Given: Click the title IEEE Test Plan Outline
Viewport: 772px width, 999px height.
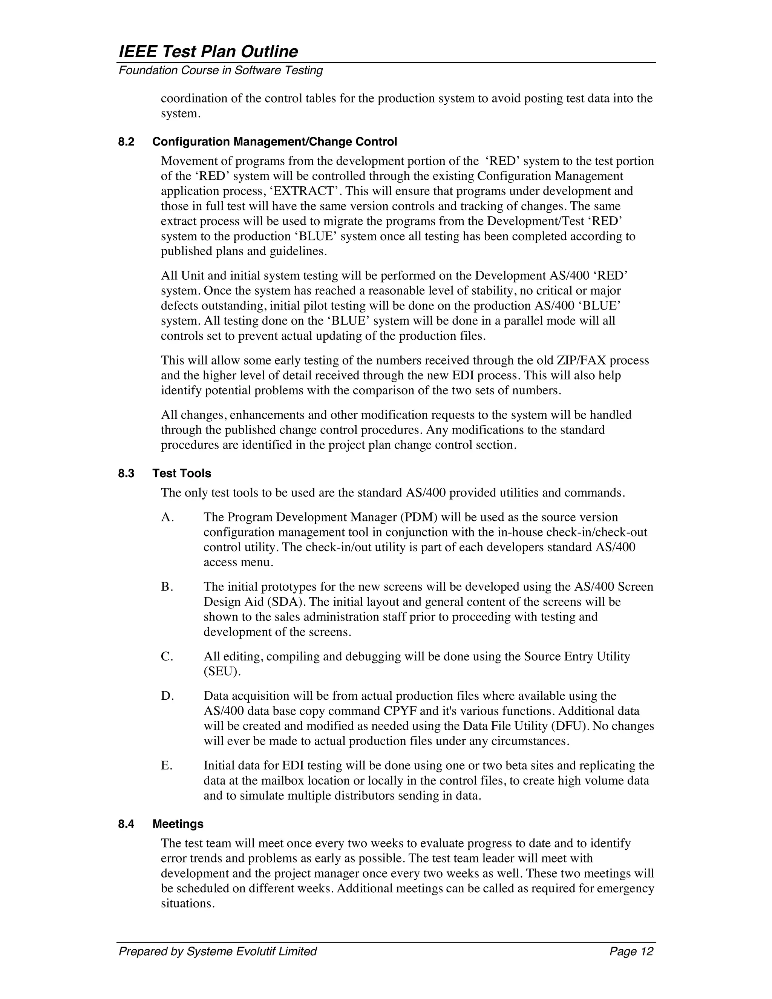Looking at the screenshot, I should (x=208, y=52).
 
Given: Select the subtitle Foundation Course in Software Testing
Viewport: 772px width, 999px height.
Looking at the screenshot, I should (x=221, y=70).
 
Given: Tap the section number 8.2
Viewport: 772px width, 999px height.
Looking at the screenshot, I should (x=126, y=142).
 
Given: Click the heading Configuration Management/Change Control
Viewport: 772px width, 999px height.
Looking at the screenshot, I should (x=274, y=142).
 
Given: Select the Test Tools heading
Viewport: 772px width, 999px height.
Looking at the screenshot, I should (x=182, y=473).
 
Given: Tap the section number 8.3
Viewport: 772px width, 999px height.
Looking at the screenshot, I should (x=126, y=473).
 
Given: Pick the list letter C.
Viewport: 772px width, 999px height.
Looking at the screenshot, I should (x=167, y=657).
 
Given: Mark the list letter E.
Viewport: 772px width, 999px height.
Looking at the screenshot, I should (x=167, y=766).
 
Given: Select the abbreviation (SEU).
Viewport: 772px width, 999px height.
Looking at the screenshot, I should (x=222, y=672).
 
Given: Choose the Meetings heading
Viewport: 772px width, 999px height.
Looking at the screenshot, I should (x=178, y=824).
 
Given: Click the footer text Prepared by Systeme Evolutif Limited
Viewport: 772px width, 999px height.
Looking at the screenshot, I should (x=218, y=952).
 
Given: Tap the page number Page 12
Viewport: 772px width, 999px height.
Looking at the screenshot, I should (x=631, y=952).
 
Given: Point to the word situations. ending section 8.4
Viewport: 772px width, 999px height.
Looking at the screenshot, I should (x=187, y=904).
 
